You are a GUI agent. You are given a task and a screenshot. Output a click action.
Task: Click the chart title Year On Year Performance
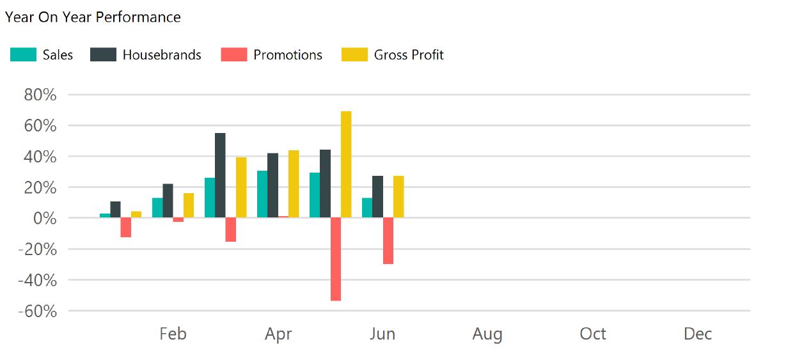point(93,17)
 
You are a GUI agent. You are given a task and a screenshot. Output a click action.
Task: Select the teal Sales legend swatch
point(23,55)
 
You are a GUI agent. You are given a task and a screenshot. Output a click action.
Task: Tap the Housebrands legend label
point(162,55)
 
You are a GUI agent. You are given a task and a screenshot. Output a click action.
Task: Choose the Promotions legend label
point(288,55)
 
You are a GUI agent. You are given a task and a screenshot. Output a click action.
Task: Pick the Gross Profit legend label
point(409,55)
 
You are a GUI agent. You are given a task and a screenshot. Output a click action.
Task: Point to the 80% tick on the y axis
point(40,95)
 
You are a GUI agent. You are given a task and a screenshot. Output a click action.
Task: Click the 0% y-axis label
point(45,219)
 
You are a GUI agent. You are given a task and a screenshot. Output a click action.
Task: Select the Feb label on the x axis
point(173,334)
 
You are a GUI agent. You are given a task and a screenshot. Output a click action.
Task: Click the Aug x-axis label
point(487,334)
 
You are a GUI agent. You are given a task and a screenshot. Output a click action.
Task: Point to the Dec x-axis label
point(697,334)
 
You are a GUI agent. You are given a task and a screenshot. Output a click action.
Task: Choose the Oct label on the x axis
point(593,334)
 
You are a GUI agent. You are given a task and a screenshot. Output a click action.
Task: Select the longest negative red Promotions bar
point(336,259)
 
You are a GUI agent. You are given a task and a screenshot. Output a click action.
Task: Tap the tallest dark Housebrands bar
point(220,175)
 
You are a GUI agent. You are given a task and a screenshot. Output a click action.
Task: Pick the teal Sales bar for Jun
point(366,208)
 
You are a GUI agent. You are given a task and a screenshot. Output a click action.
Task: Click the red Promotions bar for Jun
point(388,241)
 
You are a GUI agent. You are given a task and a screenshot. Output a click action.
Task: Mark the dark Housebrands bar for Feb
point(168,201)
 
